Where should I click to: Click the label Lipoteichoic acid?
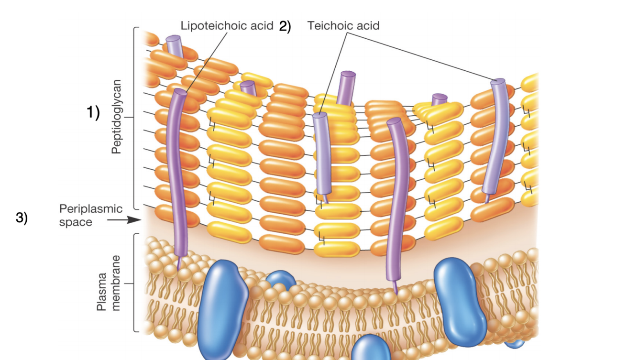tap(227, 26)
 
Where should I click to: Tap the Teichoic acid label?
tap(343, 26)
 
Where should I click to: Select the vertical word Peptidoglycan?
tap(116, 117)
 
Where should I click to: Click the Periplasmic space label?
tap(91, 215)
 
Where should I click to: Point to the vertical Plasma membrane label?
tap(108, 283)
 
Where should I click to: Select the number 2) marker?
tap(285, 26)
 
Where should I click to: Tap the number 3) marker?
tap(22, 218)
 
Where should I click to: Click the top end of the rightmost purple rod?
tap(498, 82)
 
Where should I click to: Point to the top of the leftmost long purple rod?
tap(180, 91)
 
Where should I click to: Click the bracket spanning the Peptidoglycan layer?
tap(135, 117)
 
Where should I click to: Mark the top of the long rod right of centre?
tap(394, 121)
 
